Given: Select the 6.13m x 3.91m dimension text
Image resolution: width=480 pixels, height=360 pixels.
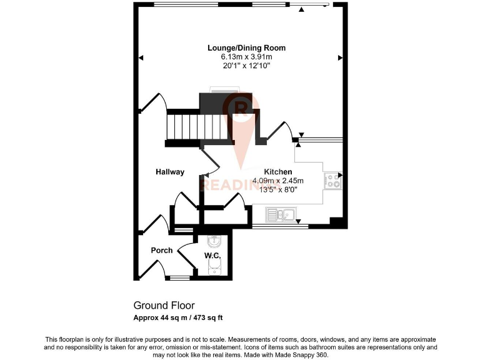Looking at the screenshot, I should [241, 56].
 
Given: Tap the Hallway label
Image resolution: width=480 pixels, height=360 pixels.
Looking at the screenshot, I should [170, 172].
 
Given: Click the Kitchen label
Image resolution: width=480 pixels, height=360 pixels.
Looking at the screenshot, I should [277, 172].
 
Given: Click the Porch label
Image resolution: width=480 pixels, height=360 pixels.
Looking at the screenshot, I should [162, 251].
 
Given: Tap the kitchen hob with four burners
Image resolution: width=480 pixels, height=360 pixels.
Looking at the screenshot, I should [332, 181].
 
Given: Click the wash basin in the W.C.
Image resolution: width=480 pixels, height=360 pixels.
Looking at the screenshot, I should [212, 241].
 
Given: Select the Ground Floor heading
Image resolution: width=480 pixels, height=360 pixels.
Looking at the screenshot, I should [164, 306].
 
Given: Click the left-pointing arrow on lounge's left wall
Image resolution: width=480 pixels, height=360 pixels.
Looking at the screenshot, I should [141, 57].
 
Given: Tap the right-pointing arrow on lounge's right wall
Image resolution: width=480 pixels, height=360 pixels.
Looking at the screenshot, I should [340, 57].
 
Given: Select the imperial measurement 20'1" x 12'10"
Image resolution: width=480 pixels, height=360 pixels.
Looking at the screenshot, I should [241, 65].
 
